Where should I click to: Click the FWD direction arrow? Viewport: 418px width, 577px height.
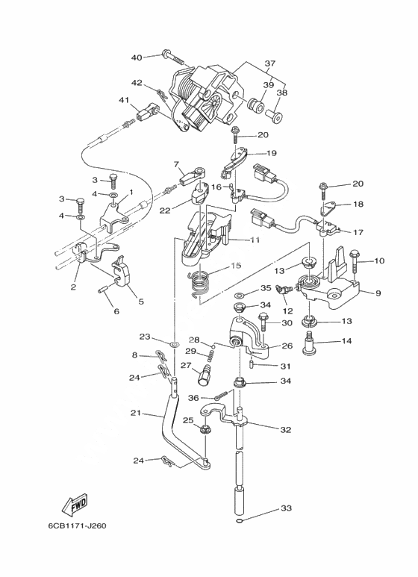[75, 504]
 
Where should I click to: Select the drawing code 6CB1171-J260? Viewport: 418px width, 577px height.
[78, 525]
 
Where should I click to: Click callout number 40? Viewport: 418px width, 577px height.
[137, 57]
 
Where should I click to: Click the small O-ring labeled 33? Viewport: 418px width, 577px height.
[239, 521]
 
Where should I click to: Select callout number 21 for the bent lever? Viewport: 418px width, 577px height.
[136, 414]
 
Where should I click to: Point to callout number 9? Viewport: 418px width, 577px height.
[378, 293]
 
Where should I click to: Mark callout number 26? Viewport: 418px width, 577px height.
[287, 346]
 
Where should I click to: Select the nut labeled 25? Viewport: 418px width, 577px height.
[205, 429]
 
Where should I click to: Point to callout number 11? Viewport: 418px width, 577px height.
[255, 240]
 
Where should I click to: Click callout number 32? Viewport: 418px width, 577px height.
[286, 429]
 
